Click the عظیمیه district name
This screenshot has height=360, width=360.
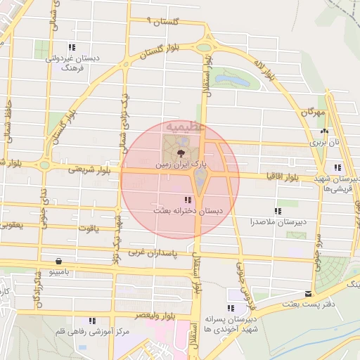click(x=184, y=127)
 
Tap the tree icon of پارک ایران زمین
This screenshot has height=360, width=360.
click(x=181, y=151)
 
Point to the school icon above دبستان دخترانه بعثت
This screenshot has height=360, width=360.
click(x=187, y=200)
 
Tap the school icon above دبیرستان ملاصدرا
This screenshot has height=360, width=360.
click(x=278, y=211)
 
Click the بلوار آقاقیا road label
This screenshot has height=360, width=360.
click(x=281, y=177)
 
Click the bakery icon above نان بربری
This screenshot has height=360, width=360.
click(x=323, y=131)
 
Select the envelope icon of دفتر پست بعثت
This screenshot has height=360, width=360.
click(x=307, y=294)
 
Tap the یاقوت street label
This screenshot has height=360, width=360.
click(x=89, y=229)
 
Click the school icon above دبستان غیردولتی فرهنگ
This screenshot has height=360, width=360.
click(x=71, y=48)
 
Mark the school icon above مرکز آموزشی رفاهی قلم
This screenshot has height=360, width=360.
click(x=92, y=321)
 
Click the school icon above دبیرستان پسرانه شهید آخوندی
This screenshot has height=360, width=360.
click(x=231, y=308)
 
